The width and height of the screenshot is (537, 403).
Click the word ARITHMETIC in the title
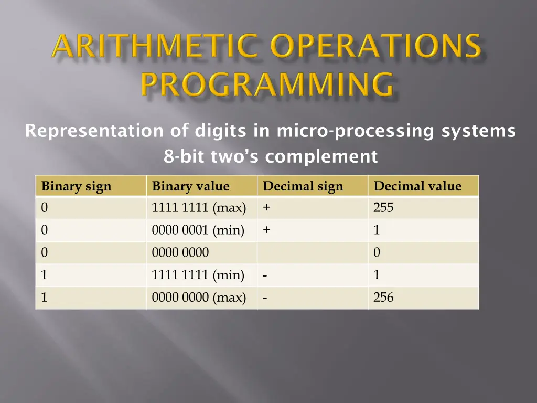155,45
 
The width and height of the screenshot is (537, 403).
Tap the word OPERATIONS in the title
375,45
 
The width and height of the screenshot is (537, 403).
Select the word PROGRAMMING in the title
267,83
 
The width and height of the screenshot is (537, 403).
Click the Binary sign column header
77,186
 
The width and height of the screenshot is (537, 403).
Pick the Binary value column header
191,186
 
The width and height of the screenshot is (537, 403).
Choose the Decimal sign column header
303,186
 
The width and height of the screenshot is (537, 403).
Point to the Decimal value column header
417,186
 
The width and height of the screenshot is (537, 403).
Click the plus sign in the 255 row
266,207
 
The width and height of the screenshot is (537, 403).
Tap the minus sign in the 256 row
265,298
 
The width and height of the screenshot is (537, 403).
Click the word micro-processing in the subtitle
355,131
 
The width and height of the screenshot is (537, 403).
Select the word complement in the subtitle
321,156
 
